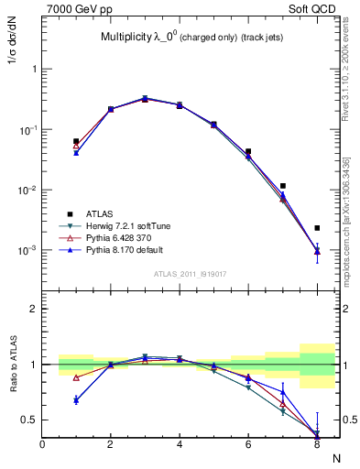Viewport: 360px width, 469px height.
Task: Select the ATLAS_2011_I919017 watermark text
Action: [x=191, y=273]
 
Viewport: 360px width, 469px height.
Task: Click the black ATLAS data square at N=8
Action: [x=317, y=228]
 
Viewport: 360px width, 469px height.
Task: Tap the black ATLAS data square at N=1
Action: [x=76, y=141]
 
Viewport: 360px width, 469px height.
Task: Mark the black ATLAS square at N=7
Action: [x=283, y=186]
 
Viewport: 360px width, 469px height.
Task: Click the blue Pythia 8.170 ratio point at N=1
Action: [x=76, y=400]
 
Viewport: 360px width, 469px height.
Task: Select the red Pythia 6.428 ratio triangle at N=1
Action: [x=76, y=377]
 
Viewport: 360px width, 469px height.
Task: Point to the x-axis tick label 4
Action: [x=180, y=445]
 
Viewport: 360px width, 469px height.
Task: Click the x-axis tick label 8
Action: [x=317, y=445]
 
